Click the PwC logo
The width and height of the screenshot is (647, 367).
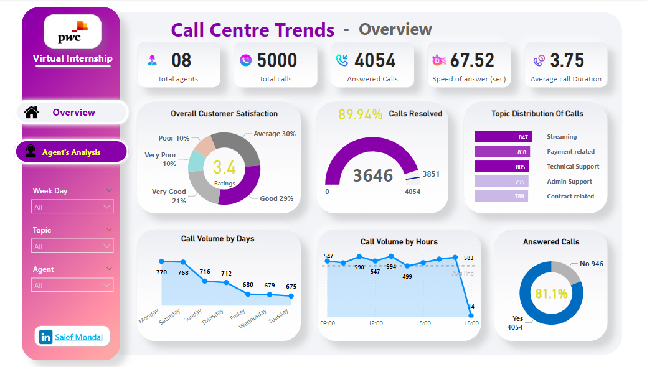click(72, 31)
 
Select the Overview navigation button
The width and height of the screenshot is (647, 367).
click(73, 113)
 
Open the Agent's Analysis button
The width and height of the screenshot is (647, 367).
click(71, 152)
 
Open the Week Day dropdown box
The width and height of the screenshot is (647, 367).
click(72, 207)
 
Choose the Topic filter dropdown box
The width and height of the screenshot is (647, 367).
click(72, 246)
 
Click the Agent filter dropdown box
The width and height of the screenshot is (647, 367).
click(72, 286)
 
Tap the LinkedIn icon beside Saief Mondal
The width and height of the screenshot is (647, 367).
click(45, 337)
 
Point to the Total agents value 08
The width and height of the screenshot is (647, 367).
click(181, 60)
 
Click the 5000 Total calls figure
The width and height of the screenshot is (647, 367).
click(277, 60)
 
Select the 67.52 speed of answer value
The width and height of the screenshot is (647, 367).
click(472, 60)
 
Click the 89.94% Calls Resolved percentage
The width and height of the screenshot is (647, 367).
click(361, 114)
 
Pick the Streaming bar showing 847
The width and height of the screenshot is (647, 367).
click(503, 137)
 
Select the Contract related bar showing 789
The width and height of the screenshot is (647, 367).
click(501, 197)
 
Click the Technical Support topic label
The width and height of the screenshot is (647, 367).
click(573, 167)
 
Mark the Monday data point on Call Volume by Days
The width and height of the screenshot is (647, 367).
click(161, 261)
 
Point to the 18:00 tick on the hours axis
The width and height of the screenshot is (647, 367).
click(471, 323)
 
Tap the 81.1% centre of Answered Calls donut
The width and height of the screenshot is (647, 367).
click(551, 293)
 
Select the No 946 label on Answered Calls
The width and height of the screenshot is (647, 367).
click(591, 264)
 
